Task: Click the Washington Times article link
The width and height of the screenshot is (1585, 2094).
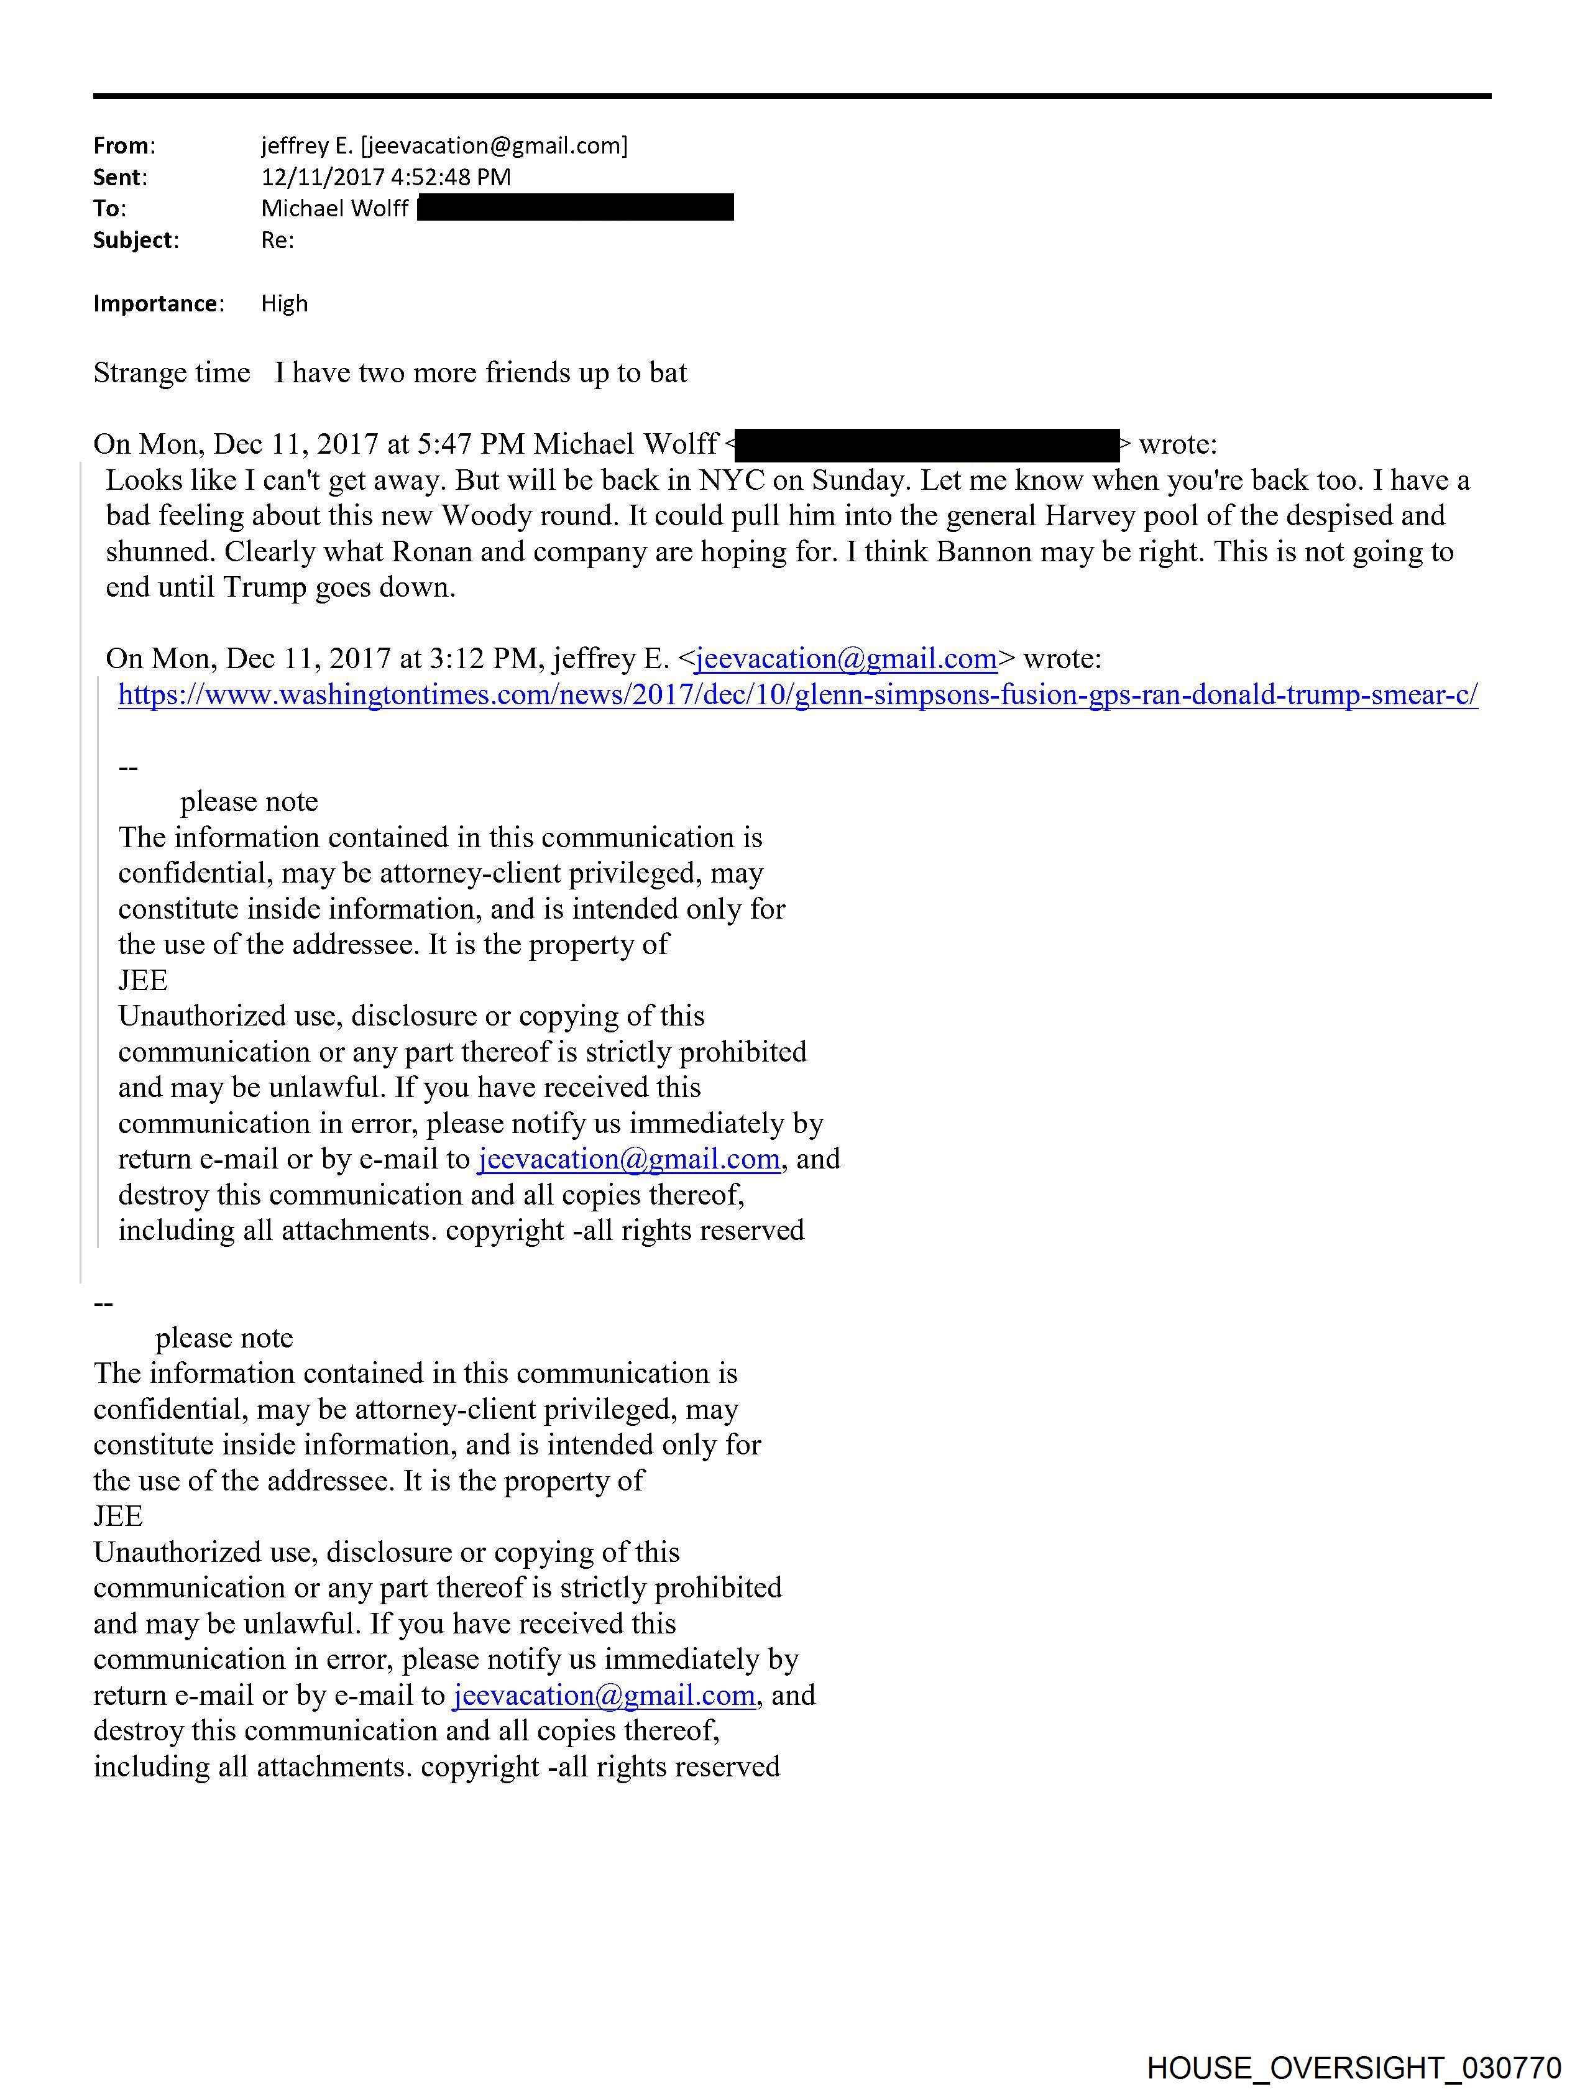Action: click(797, 695)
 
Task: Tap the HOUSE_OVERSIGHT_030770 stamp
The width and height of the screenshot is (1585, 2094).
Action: click(1354, 2067)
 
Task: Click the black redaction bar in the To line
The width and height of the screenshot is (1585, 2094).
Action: click(575, 208)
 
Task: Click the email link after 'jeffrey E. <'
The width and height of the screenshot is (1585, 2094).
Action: click(845, 659)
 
